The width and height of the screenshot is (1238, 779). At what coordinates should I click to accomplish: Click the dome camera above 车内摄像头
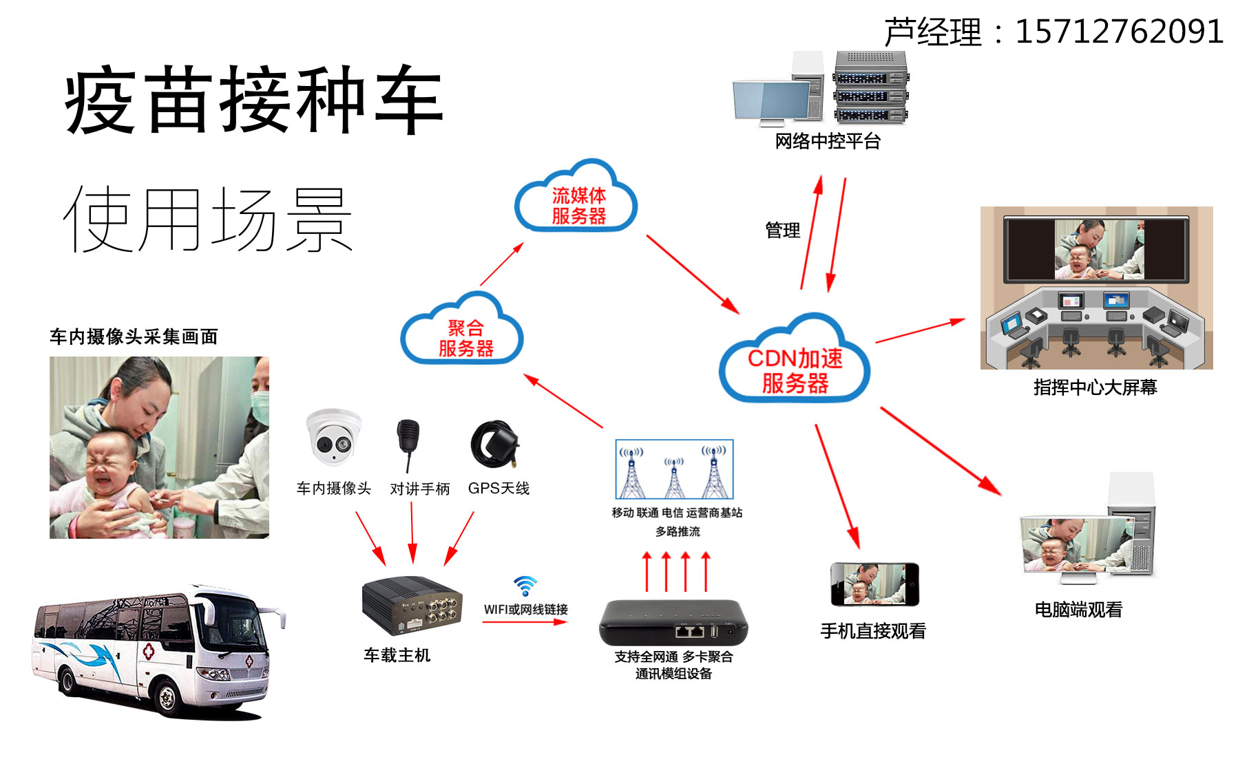pyautogui.click(x=333, y=438)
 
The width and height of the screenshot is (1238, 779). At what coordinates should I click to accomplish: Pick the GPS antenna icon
pyautogui.click(x=494, y=444)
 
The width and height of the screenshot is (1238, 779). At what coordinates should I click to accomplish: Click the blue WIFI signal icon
pyautogui.click(x=525, y=586)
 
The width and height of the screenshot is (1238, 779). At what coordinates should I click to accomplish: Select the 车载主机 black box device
pyautogui.click(x=412, y=606)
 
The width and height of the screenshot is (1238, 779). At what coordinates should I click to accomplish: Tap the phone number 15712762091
pyautogui.click(x=1119, y=32)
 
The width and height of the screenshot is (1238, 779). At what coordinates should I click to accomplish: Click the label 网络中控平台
pyautogui.click(x=828, y=142)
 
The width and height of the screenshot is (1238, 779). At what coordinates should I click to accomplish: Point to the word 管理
pyautogui.click(x=782, y=231)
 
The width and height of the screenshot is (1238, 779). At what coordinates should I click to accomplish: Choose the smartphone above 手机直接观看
pyautogui.click(x=874, y=584)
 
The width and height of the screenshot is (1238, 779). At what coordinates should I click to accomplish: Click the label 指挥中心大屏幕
pyautogui.click(x=1095, y=387)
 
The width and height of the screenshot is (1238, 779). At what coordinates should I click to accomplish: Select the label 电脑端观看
pyautogui.click(x=1078, y=610)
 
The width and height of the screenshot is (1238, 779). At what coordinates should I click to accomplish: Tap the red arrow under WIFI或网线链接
pyautogui.click(x=525, y=622)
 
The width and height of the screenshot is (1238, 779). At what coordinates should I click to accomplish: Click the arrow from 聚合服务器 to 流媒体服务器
pyautogui.click(x=501, y=264)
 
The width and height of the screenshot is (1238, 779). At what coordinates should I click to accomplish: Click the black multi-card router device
pyautogui.click(x=673, y=622)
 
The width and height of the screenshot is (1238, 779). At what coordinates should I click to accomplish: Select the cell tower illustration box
pyautogui.click(x=674, y=469)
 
